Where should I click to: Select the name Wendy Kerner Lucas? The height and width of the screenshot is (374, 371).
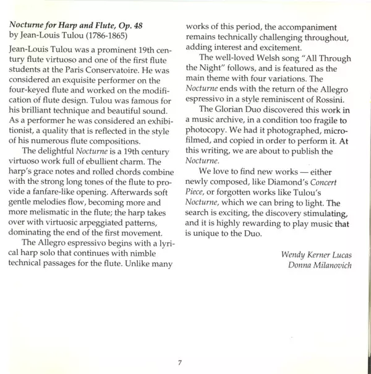click(x=317, y=254)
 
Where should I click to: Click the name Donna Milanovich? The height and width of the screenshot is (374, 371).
click(x=323, y=266)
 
